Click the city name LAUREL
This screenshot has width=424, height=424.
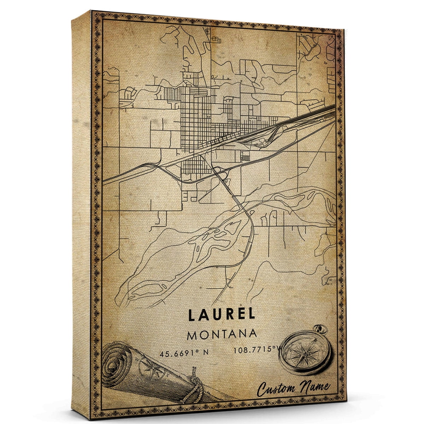tap(222, 315)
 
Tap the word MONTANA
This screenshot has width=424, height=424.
tap(222, 335)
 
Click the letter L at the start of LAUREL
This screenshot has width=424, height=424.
tap(193, 315)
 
